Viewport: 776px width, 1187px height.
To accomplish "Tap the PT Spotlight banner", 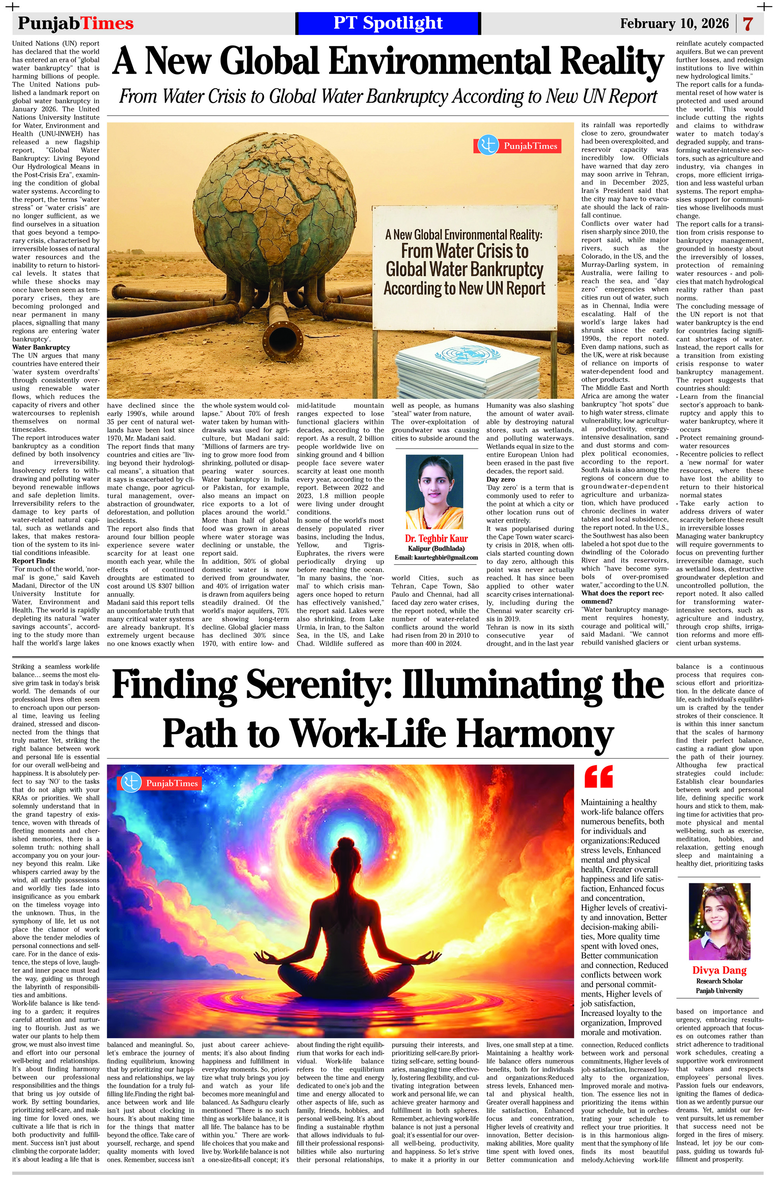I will click(x=388, y=23).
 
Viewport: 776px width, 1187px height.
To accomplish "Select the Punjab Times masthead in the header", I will click(x=76, y=23).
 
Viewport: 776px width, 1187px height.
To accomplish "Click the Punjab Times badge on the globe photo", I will click(x=517, y=146).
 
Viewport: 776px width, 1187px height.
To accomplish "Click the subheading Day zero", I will click(x=501, y=479).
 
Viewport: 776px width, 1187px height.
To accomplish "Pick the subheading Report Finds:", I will click(x=34, y=561).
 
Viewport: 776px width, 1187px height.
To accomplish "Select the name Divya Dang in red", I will click(x=719, y=970).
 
